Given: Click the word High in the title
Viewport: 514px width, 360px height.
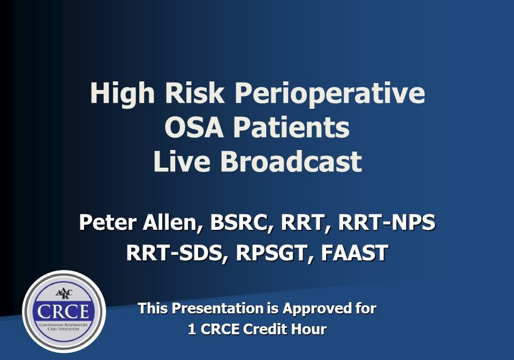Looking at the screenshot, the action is (x=122, y=95).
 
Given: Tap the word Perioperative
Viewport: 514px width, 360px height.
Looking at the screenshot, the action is (x=330, y=95).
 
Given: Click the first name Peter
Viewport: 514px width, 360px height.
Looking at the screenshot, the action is (x=108, y=222).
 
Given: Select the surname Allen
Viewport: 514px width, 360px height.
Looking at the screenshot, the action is (x=172, y=223).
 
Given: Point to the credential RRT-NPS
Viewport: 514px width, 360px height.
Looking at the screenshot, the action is (x=387, y=222).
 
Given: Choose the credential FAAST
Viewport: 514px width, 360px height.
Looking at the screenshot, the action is (x=354, y=253).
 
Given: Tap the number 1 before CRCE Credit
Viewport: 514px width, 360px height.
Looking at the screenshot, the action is (x=192, y=329).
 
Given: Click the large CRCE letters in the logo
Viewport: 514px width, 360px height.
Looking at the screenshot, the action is (x=63, y=311).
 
